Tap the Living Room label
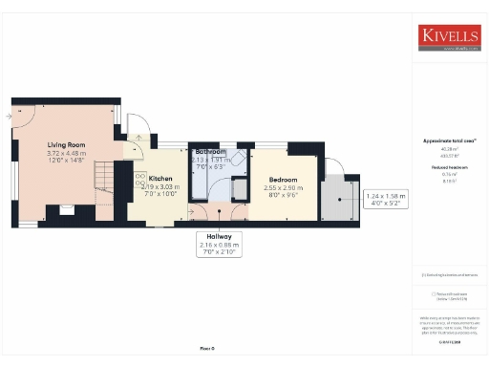click(x=67, y=145)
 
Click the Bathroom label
click(x=210, y=152)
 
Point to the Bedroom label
click(x=282, y=180)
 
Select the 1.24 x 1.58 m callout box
click(x=386, y=200)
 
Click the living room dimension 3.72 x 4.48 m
click(x=67, y=154)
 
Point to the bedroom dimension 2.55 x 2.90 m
click(x=282, y=188)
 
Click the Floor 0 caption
click(x=207, y=349)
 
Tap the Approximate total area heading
click(x=449, y=140)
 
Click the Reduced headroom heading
click(x=449, y=166)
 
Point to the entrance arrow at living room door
click(x=9, y=115)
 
